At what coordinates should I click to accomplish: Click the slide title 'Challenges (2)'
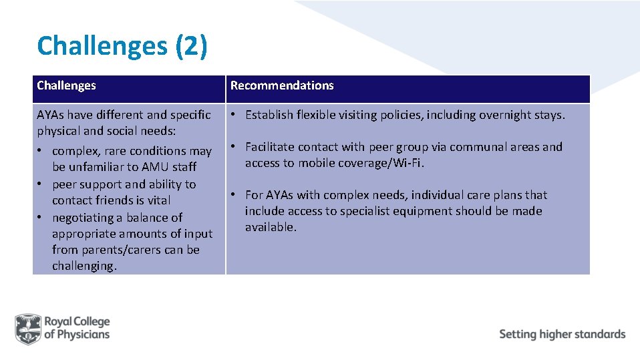(122, 46)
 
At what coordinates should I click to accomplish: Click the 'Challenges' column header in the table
(66, 85)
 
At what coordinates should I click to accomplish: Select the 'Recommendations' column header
(282, 85)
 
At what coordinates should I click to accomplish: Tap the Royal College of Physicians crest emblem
(28, 328)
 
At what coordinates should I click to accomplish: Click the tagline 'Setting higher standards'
(562, 334)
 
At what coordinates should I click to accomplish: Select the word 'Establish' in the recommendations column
(270, 115)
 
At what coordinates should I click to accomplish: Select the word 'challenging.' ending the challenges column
(84, 266)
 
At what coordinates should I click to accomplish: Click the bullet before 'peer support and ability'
(41, 184)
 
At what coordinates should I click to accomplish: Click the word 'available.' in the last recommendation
(270, 227)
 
